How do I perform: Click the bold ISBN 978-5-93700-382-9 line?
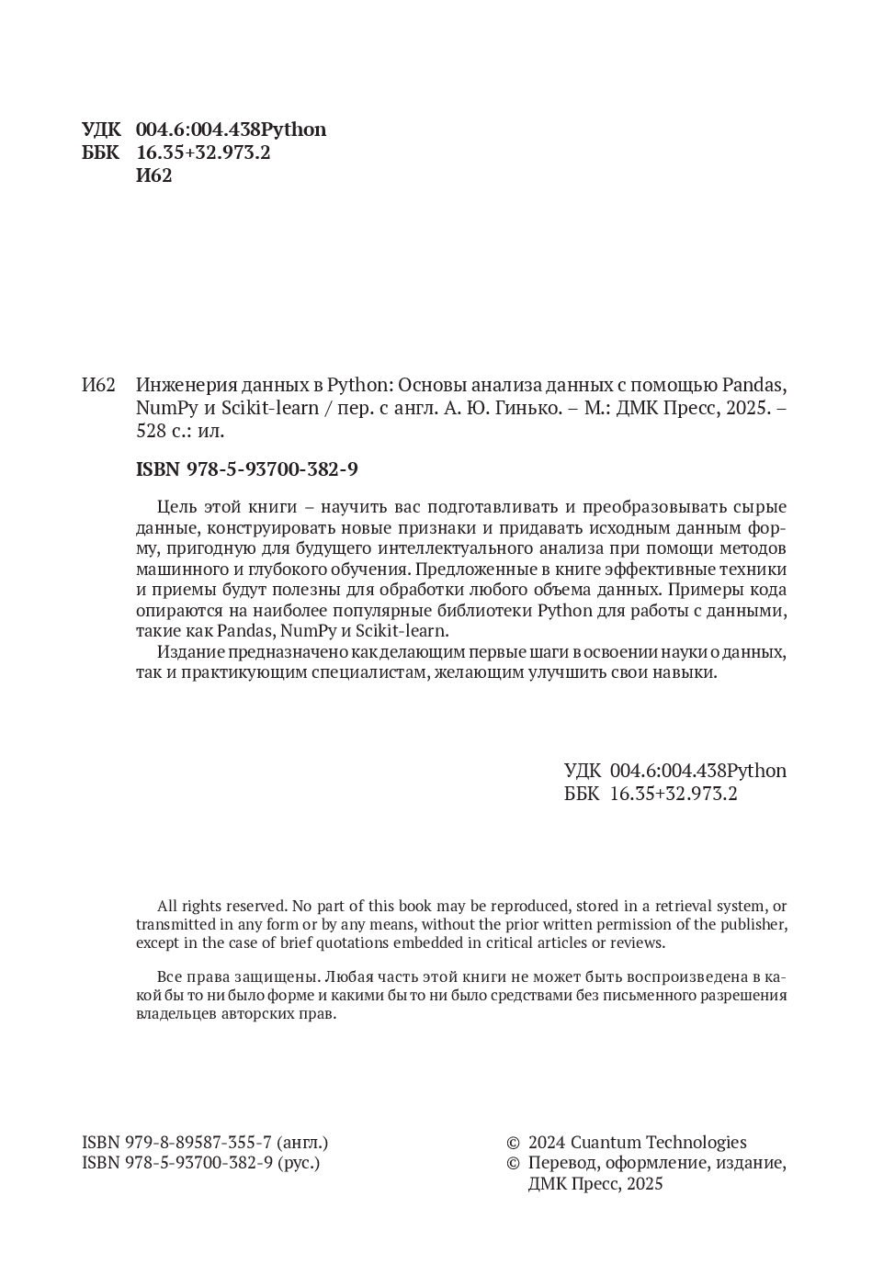246,469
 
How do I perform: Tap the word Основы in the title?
436,385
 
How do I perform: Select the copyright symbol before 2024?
514,1144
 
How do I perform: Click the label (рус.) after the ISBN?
299,1163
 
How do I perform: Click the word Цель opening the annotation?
176,507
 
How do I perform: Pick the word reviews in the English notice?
636,942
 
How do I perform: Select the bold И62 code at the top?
153,175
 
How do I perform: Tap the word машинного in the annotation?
178,570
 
